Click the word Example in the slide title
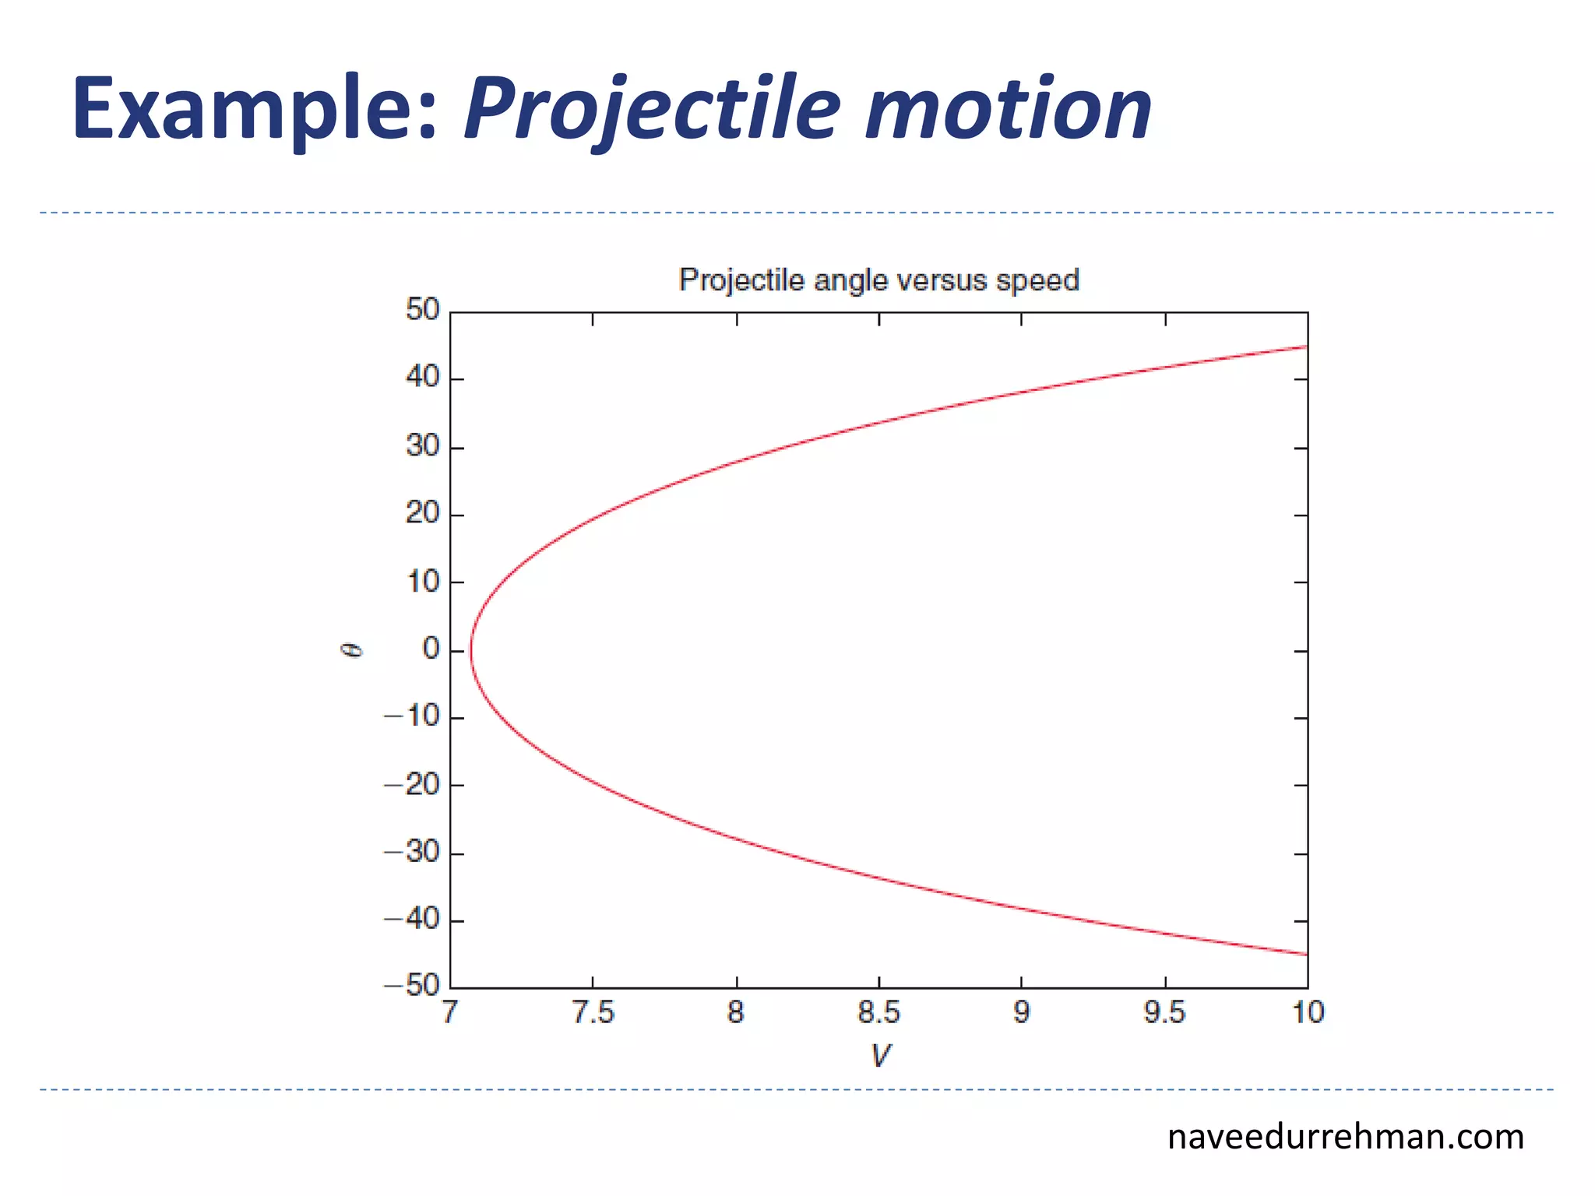(253, 109)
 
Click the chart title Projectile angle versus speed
(878, 280)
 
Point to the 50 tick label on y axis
(423, 310)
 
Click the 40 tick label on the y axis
(423, 378)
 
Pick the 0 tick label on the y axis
(431, 649)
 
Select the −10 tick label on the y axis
(413, 716)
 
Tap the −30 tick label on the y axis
(413, 852)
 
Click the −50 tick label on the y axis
(413, 986)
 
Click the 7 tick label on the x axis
(449, 1013)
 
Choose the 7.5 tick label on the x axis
(593, 1013)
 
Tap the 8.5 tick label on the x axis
(878, 1013)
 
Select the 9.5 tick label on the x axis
(1164, 1013)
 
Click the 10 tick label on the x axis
(1308, 1013)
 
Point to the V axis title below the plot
(880, 1056)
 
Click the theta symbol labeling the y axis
(353, 650)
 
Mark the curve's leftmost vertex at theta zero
(471, 650)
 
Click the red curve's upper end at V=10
(1306, 346)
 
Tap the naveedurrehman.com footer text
(1345, 1138)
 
